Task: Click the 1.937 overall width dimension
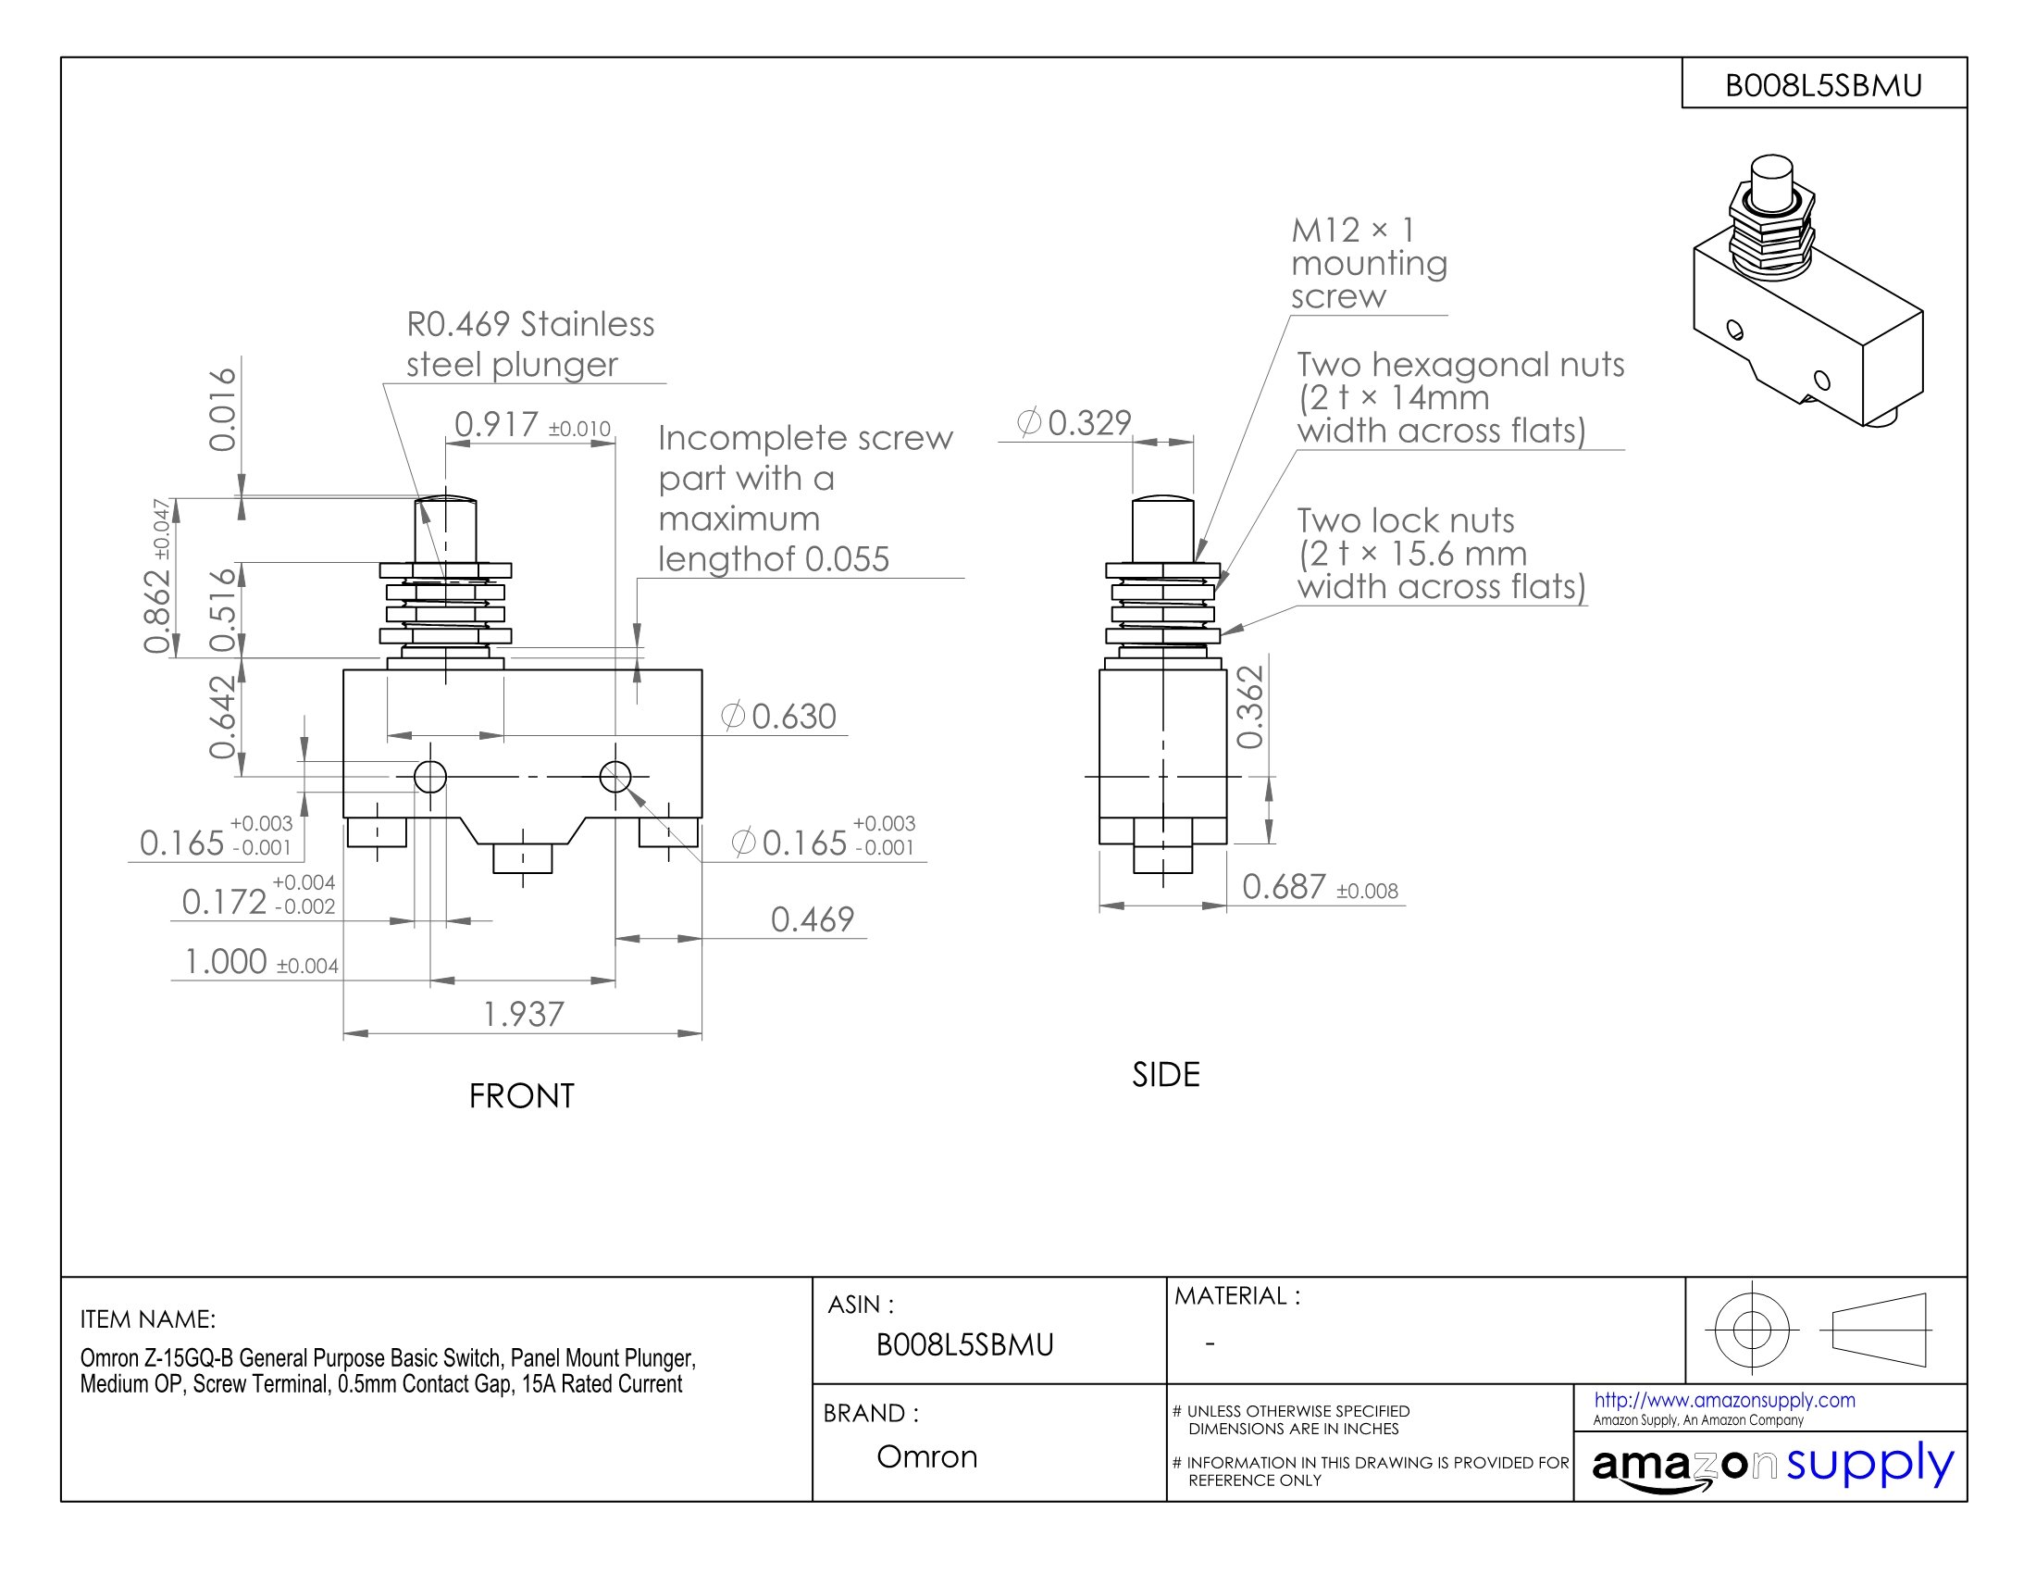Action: [x=523, y=1015]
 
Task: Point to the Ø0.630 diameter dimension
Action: [x=779, y=716]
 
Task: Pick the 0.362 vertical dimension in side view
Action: [x=1250, y=706]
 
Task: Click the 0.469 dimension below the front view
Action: [x=812, y=919]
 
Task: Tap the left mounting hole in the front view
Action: [x=429, y=776]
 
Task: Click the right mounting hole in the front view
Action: [x=615, y=776]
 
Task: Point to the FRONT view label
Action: [x=521, y=1095]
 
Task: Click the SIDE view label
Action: [x=1165, y=1075]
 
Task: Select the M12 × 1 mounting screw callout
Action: [x=1368, y=263]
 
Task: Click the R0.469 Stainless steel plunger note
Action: [x=529, y=344]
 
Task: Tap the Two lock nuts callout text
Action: [x=1440, y=553]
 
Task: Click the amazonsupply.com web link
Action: [x=1724, y=1400]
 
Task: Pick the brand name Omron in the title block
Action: [x=926, y=1456]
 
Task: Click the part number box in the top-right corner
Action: [x=1823, y=85]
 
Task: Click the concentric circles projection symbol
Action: [x=1751, y=1330]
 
